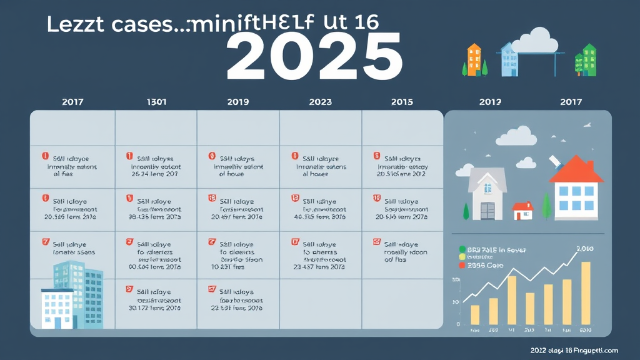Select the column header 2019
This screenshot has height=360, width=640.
[237, 102]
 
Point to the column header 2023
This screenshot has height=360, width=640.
[320, 102]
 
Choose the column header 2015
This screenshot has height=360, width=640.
[402, 102]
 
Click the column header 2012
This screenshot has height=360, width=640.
[490, 102]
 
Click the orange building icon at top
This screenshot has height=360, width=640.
[474, 59]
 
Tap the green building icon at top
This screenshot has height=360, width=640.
[588, 59]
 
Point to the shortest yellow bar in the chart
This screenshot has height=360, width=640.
[475, 314]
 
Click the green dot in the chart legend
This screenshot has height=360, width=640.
[462, 249]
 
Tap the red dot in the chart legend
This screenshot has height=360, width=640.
[462, 265]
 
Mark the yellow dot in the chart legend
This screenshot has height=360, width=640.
[462, 257]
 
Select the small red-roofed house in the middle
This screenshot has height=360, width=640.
[522, 211]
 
